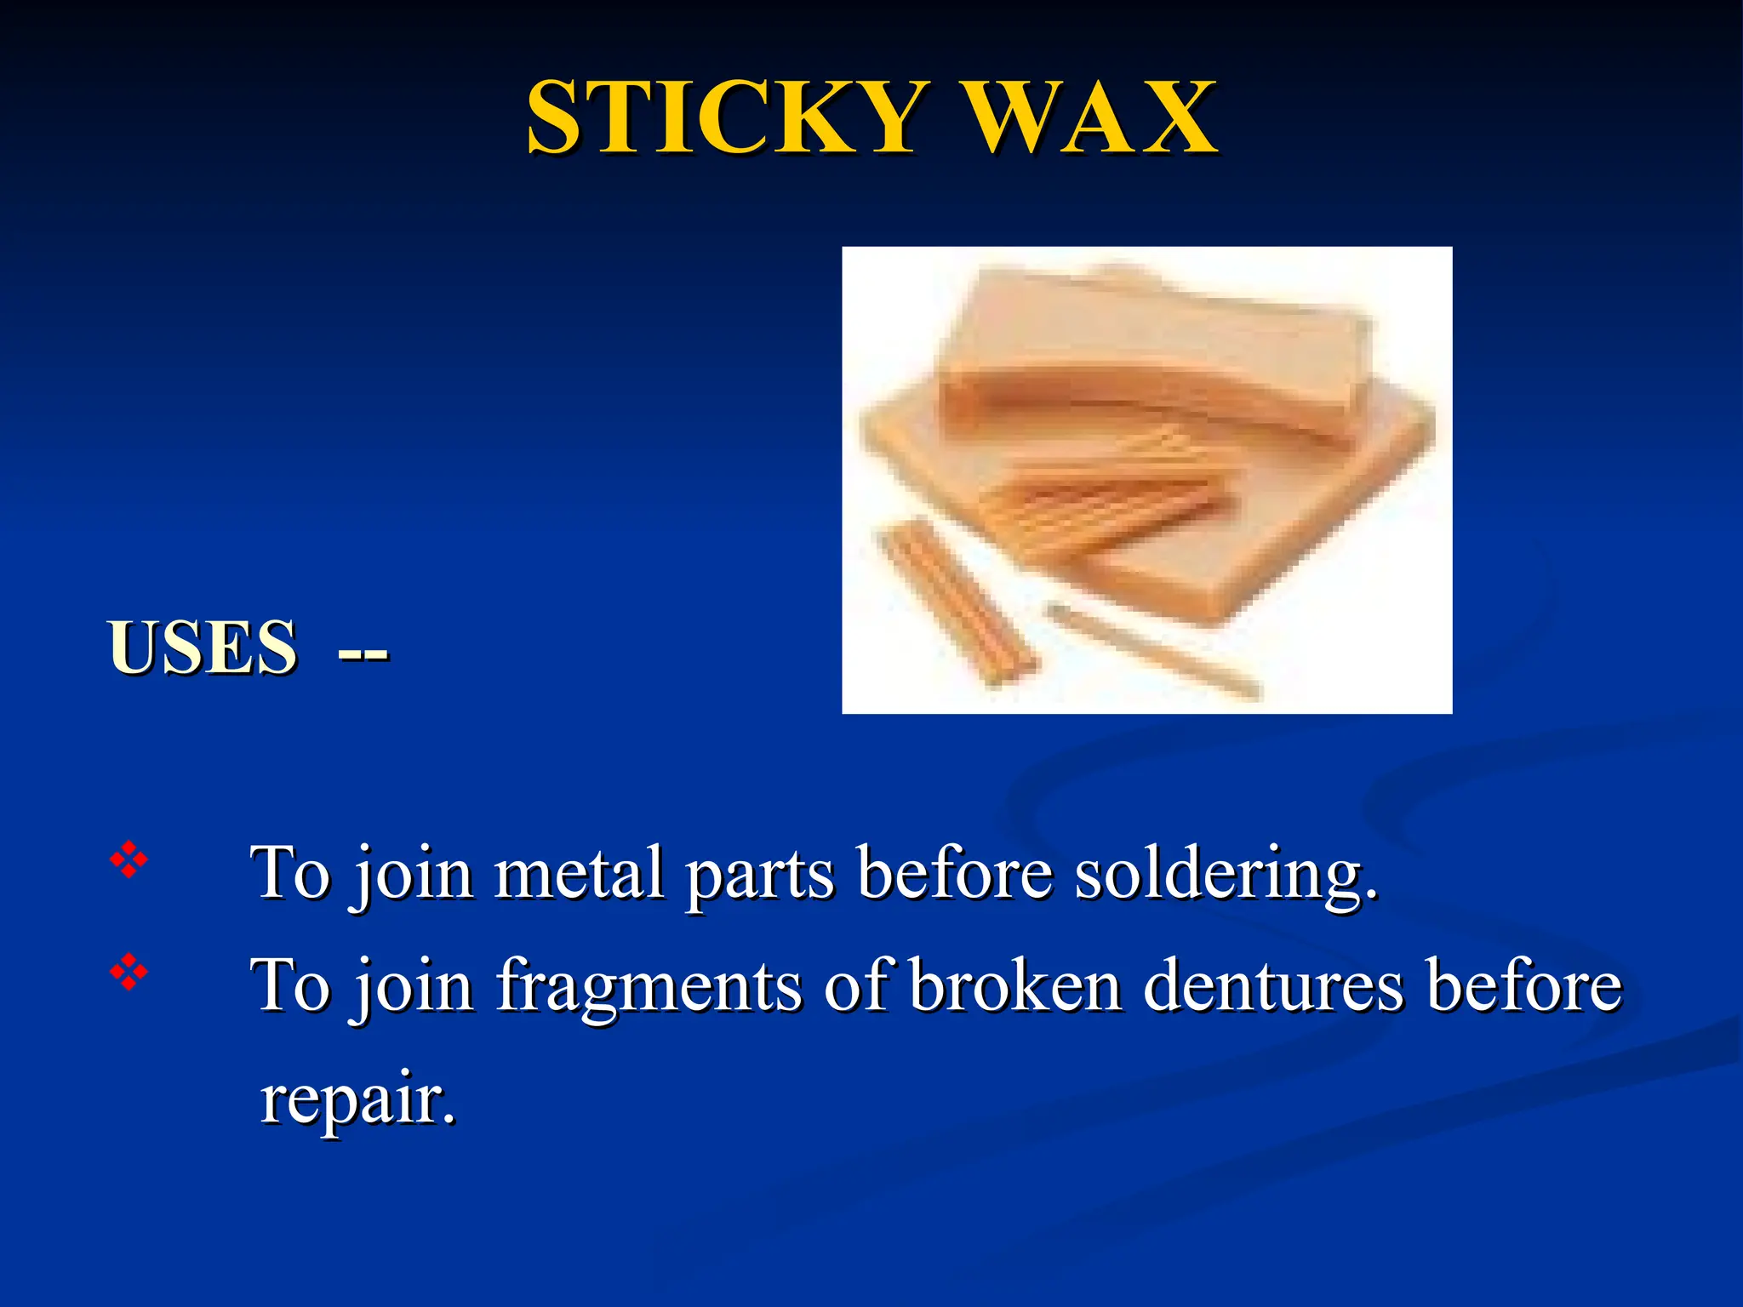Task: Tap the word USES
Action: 203,648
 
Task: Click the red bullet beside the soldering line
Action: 129,860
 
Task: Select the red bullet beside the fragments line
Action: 129,972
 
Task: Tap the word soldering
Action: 1226,875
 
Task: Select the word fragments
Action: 649,987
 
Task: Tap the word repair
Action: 357,1099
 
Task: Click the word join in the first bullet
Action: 414,875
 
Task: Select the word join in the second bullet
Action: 414,987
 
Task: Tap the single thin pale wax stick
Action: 1154,650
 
